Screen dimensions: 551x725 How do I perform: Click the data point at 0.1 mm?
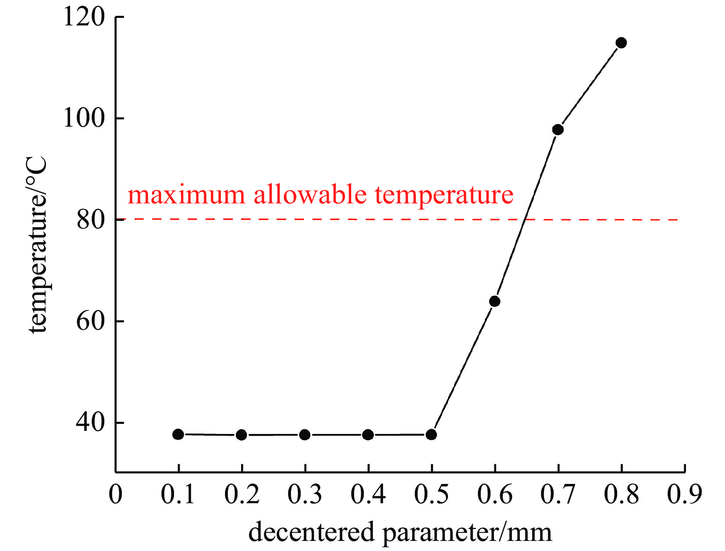pyautogui.click(x=178, y=434)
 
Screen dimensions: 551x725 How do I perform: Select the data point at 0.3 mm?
pyautogui.click(x=305, y=435)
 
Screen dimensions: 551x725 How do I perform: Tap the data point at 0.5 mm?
pyautogui.click(x=431, y=435)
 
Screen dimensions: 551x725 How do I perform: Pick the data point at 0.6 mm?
pyautogui.click(x=494, y=301)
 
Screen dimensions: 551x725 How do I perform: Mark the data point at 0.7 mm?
pyautogui.click(x=558, y=130)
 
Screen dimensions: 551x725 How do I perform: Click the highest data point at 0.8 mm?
pyautogui.click(x=621, y=43)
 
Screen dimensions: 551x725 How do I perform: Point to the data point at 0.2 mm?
pyautogui.click(x=242, y=435)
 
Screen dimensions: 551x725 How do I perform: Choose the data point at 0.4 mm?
pyautogui.click(x=368, y=435)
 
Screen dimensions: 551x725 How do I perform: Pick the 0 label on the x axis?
pyautogui.click(x=116, y=494)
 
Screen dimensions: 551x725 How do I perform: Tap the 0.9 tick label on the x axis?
pyautogui.click(x=684, y=494)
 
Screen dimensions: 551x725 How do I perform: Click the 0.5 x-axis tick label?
pyautogui.click(x=431, y=494)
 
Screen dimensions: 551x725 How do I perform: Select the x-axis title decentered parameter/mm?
pyautogui.click(x=400, y=533)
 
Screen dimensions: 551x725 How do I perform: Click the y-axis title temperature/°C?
pyautogui.click(x=38, y=245)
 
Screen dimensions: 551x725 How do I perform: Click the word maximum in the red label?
pyautogui.click(x=186, y=195)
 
